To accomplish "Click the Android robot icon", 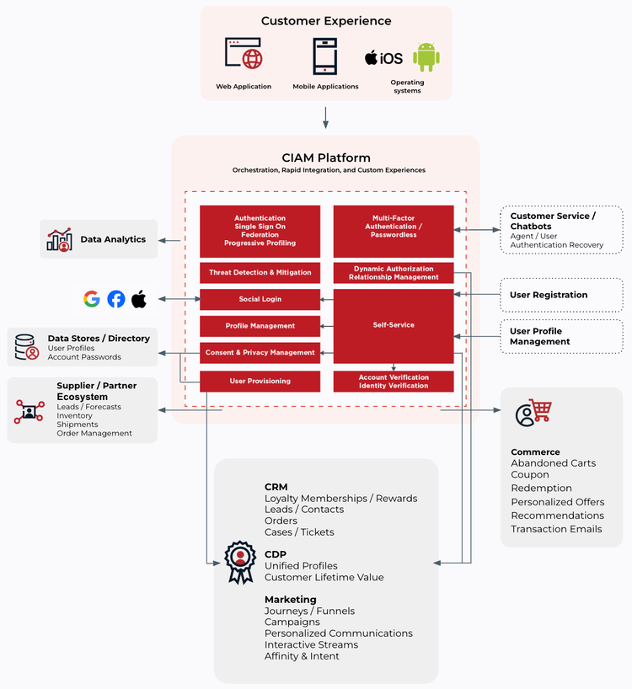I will pyautogui.click(x=426, y=58).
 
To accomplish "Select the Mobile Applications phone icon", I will pyautogui.click(x=325, y=56).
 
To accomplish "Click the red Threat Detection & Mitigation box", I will pyautogui.click(x=260, y=273).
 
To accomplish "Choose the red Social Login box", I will pyautogui.click(x=260, y=299).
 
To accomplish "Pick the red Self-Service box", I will pyautogui.click(x=394, y=325).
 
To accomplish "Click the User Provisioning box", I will pyautogui.click(x=260, y=381).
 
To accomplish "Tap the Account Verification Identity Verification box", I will pyautogui.click(x=394, y=382).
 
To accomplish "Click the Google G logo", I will pyautogui.click(x=92, y=299).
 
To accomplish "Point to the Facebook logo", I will pyautogui.click(x=115, y=299).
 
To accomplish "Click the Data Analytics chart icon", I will pyautogui.click(x=59, y=240).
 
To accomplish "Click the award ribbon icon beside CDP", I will pyautogui.click(x=239, y=561).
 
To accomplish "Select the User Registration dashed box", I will pyautogui.click(x=561, y=295).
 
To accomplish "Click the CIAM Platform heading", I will pyautogui.click(x=325, y=158).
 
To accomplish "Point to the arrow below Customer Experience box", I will pyautogui.click(x=325, y=117).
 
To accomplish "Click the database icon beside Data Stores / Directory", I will pyautogui.click(x=27, y=347).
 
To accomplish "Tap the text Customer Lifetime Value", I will pyautogui.click(x=324, y=578).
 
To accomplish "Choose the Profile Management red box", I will pyautogui.click(x=260, y=326).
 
